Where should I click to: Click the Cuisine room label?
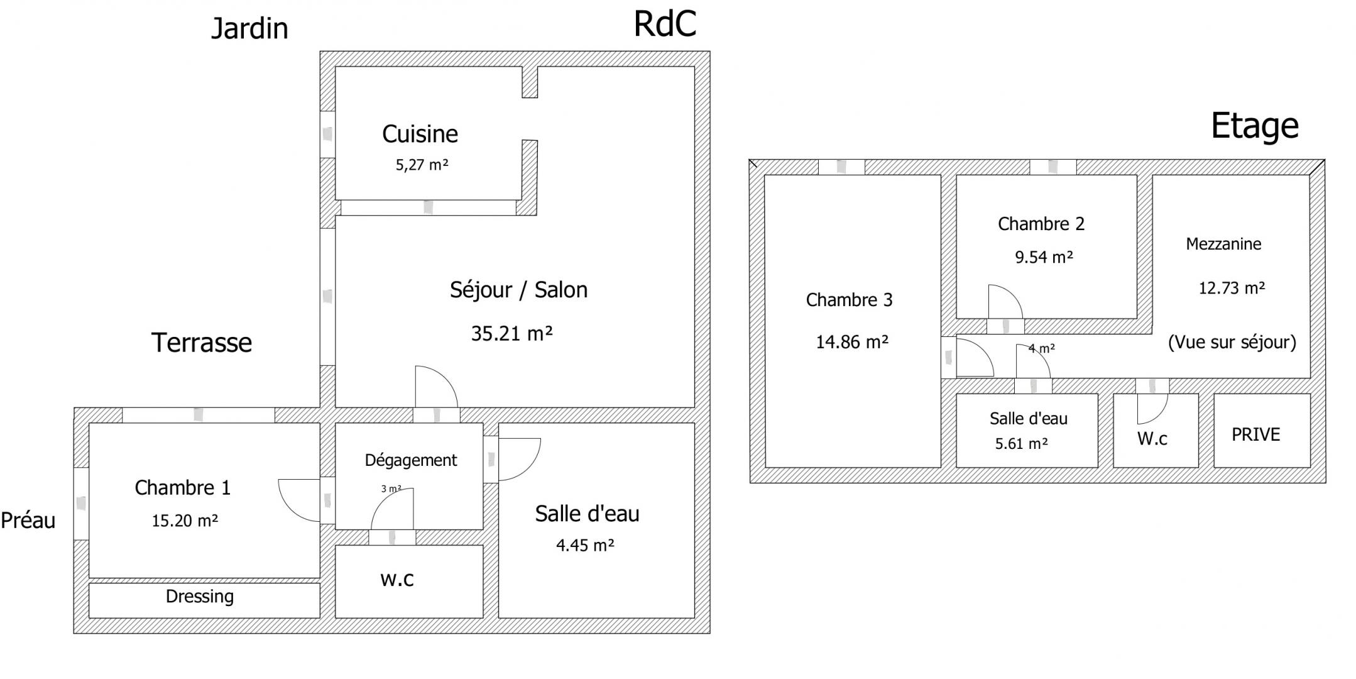click(x=420, y=134)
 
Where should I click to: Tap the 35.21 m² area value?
click(x=512, y=333)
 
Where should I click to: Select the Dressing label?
click(x=200, y=597)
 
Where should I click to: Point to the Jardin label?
click(x=249, y=28)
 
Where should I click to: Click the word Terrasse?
click(x=202, y=343)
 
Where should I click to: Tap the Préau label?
click(x=28, y=520)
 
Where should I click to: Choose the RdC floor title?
click(x=665, y=24)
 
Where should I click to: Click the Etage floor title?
click(x=1254, y=126)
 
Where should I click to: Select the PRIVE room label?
click(x=1255, y=434)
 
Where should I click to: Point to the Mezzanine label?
click(x=1223, y=244)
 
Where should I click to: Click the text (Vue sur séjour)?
click(x=1232, y=342)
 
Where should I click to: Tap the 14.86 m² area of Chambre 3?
click(x=852, y=342)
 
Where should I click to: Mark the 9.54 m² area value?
click(x=1044, y=257)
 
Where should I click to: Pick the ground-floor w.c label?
click(x=397, y=579)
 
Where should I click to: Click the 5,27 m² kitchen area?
click(x=422, y=165)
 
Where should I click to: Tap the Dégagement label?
click(x=411, y=460)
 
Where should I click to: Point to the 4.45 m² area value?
click(x=585, y=545)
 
